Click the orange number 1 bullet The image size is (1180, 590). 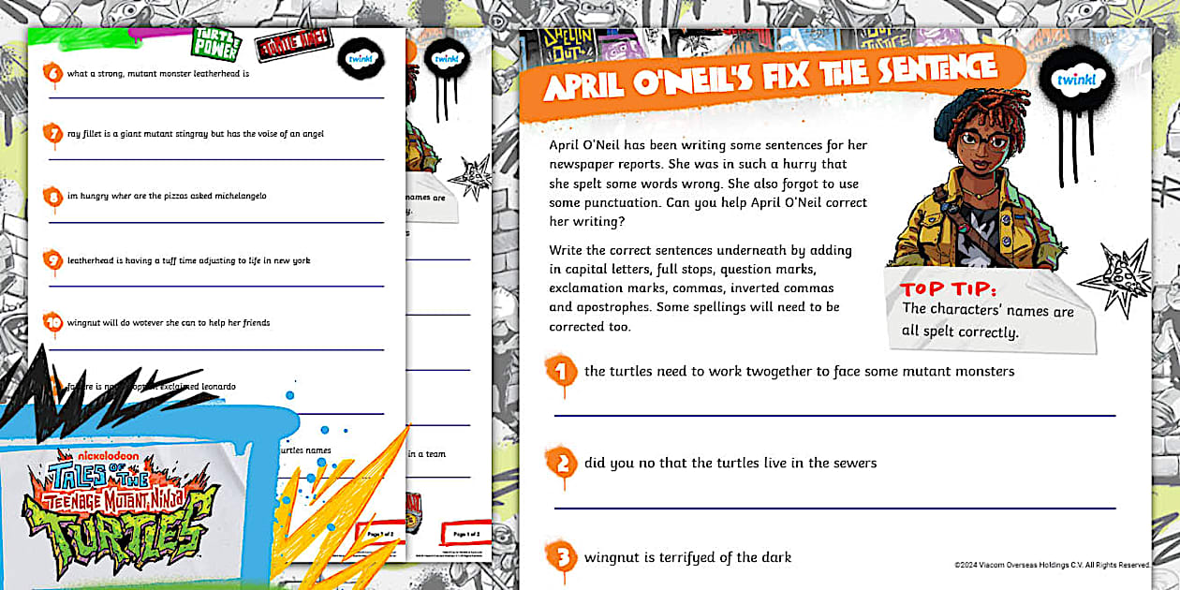(x=561, y=372)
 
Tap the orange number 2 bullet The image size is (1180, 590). (x=561, y=464)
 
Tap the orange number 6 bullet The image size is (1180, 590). (x=53, y=73)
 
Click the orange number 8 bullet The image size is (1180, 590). (x=53, y=197)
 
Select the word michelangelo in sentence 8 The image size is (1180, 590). (x=242, y=196)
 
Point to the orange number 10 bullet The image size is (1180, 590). (x=53, y=323)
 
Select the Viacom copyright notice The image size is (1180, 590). (x=1052, y=565)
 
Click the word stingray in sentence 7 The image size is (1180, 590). (x=192, y=134)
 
